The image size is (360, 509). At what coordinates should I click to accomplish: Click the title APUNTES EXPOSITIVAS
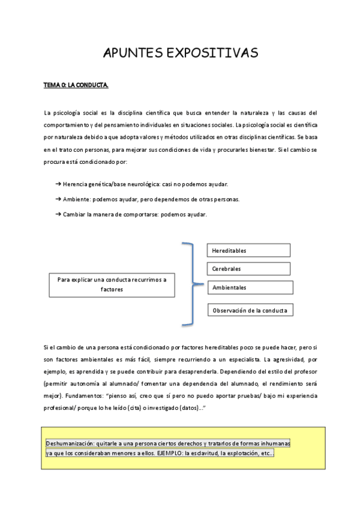coord(181,53)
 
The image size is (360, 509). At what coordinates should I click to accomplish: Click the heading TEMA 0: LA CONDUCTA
coord(76,86)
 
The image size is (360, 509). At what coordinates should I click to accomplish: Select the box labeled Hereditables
coord(249,250)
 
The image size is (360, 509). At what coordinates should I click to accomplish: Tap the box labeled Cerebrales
coord(249,269)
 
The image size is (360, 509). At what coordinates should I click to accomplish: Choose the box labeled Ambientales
coord(250,288)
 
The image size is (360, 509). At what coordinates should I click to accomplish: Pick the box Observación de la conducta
coord(250,310)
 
